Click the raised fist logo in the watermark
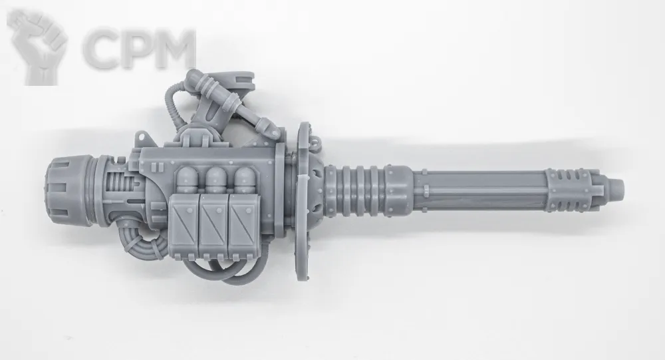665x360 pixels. tap(37, 47)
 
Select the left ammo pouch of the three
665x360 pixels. tap(184, 226)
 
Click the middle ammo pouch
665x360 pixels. tap(214, 226)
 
